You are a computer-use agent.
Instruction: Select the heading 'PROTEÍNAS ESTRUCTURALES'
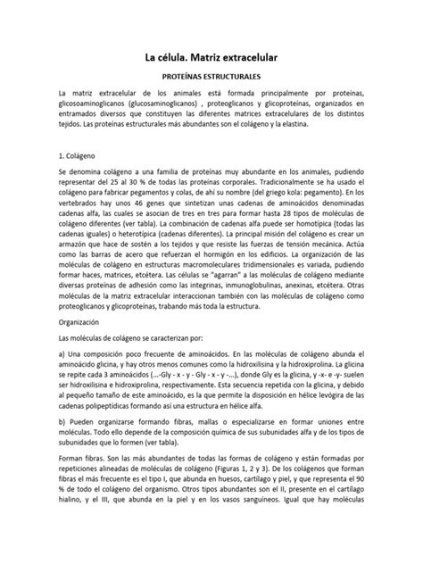click(x=211, y=79)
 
